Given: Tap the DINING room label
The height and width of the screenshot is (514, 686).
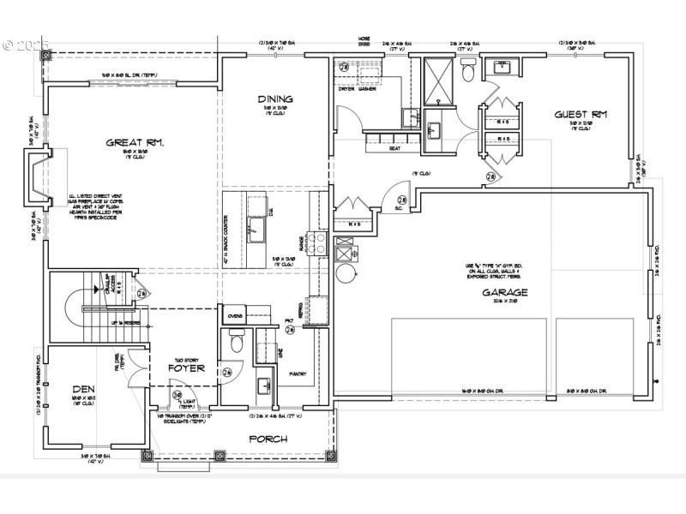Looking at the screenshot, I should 274,99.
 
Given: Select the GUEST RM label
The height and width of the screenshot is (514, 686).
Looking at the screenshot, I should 581,113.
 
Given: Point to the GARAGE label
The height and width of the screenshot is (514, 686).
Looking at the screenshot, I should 504,292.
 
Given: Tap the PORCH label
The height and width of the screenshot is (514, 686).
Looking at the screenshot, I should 269,439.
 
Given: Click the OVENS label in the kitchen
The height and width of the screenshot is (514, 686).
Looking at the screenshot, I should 235,316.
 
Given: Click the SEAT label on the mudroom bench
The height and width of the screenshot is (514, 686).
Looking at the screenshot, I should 394,148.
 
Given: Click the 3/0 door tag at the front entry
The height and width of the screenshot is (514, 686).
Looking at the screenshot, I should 178,396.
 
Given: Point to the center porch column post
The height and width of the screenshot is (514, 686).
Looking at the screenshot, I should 219,457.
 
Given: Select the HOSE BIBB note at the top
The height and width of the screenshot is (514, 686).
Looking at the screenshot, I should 364,42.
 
